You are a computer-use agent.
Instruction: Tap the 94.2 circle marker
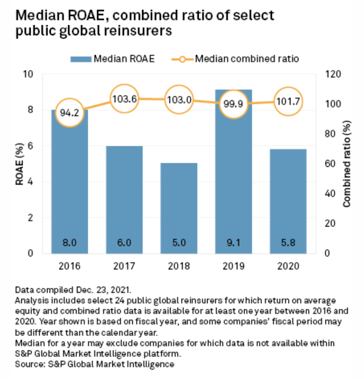70,112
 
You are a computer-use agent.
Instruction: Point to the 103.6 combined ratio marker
124,99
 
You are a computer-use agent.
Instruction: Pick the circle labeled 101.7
288,101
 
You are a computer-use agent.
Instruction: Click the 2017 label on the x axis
124,266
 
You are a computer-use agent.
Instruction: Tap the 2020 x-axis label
288,266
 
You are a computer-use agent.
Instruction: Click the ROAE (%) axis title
19,164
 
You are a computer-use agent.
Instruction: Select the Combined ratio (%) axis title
347,164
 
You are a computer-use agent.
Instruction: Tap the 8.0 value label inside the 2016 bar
70,243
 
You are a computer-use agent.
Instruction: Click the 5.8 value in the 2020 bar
288,243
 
